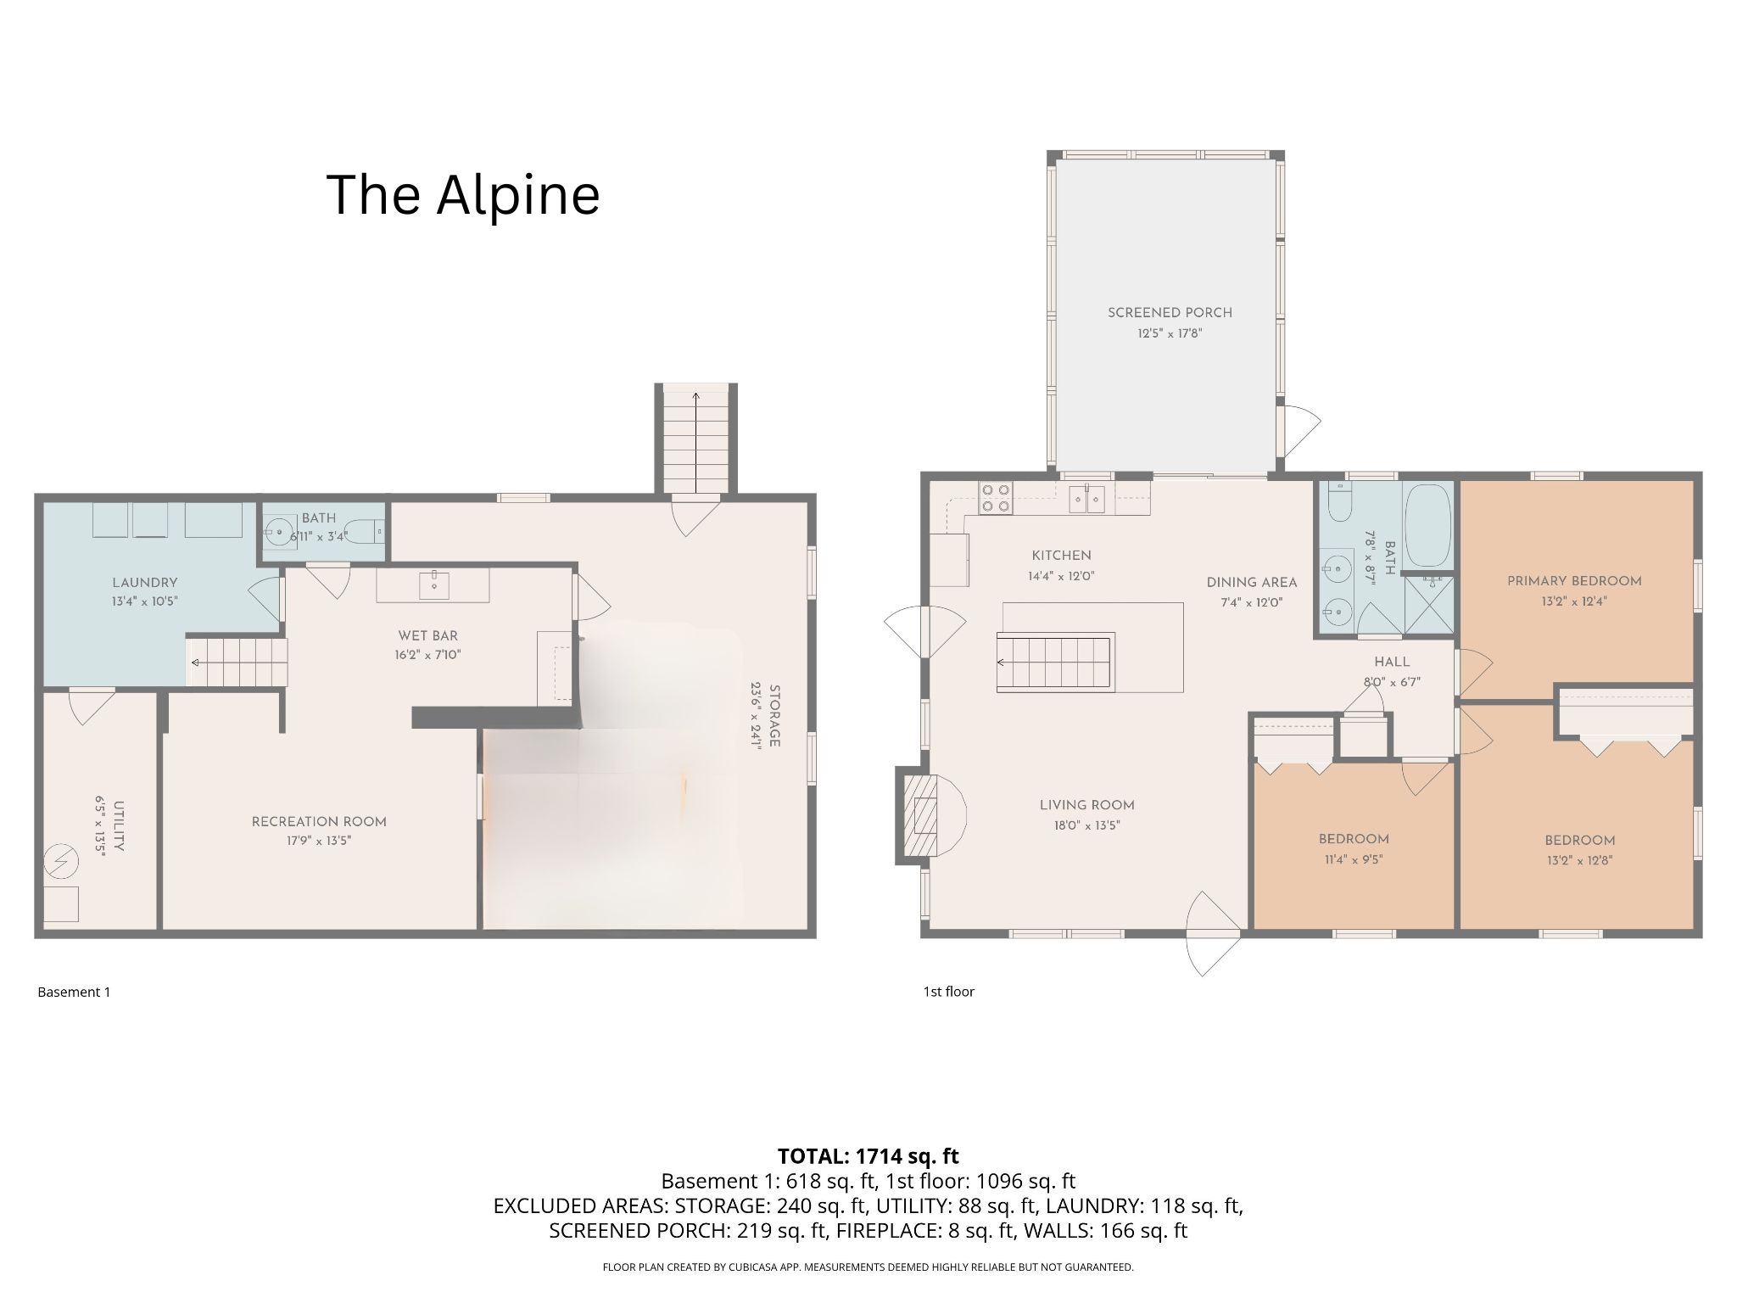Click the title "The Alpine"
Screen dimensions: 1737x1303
point(463,195)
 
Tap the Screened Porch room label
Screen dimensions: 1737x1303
point(1170,313)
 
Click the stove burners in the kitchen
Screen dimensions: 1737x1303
point(996,498)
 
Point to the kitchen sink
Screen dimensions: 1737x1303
point(1086,498)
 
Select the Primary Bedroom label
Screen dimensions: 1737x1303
point(1574,581)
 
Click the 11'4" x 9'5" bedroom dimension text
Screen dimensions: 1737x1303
point(1354,859)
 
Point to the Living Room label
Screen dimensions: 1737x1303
point(1086,805)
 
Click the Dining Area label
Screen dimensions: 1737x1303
point(1252,583)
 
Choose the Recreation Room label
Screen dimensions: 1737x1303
point(319,821)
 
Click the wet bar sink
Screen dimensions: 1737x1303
point(433,584)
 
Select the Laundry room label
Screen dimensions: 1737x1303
point(145,583)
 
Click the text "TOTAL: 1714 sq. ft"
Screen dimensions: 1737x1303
point(868,1155)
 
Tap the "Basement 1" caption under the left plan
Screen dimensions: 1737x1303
point(74,992)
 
